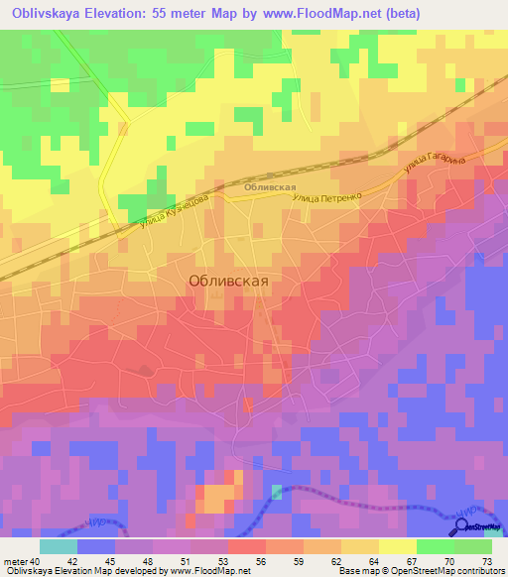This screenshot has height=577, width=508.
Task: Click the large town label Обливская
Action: tap(228, 281)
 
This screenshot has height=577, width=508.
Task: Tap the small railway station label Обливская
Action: tap(270, 186)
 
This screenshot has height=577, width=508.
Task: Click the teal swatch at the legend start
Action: tap(58, 546)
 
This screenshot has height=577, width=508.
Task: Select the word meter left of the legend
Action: tap(15, 561)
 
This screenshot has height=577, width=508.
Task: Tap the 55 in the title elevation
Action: tap(167, 14)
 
